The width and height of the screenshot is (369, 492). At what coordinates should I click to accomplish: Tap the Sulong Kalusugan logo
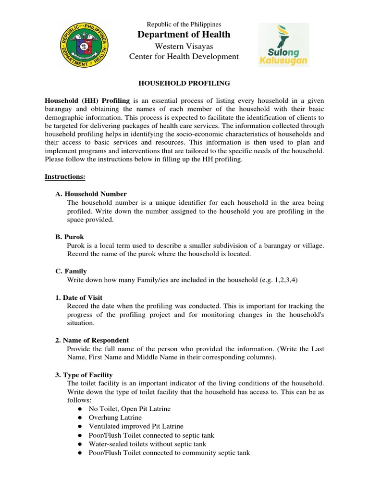point(284,44)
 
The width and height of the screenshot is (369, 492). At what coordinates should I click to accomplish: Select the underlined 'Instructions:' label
point(65,176)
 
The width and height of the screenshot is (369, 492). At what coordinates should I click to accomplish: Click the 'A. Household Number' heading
point(91,194)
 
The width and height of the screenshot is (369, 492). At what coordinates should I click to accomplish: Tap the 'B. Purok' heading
point(69,237)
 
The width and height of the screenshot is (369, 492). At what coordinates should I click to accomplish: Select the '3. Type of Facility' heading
point(84,375)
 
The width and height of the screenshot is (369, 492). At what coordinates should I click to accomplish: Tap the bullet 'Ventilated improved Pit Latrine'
point(135,426)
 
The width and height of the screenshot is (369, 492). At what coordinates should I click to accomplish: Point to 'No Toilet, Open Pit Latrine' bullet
point(129,409)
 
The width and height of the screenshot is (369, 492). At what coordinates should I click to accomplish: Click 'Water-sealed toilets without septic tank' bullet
point(148,443)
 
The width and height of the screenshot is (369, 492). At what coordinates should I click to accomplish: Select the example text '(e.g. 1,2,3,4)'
point(278,280)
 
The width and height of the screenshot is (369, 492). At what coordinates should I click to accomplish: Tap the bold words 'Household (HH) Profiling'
point(87,100)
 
